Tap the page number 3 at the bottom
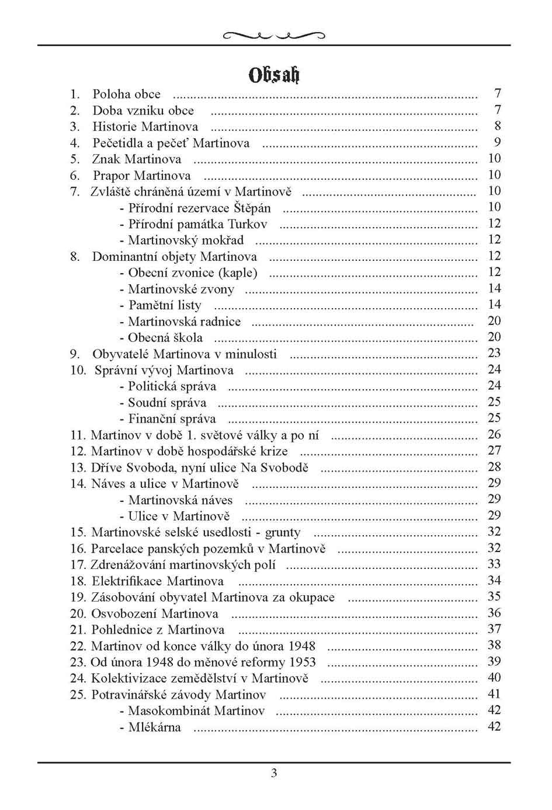tap(274, 774)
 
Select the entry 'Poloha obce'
tap(126, 94)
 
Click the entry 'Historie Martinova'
tap(145, 127)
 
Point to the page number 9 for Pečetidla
tap(497, 142)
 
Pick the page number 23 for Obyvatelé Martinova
tap(494, 353)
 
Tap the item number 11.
tap(78, 435)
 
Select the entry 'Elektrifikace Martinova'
tap(157, 581)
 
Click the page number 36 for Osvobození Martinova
tap(494, 613)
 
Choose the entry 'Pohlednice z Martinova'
tap(158, 630)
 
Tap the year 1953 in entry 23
tap(301, 662)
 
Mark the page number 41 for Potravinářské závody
tap(494, 694)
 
